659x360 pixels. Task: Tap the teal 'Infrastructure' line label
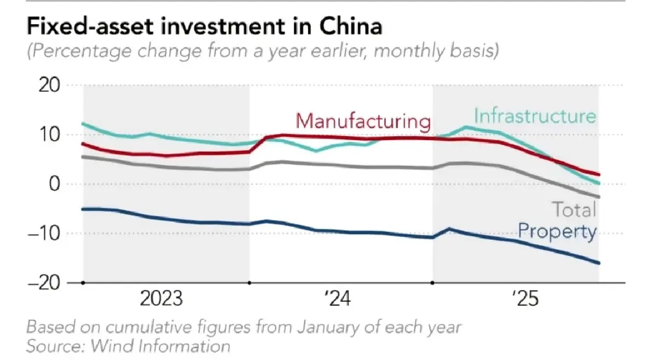click(x=534, y=116)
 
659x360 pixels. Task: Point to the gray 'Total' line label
click(x=573, y=210)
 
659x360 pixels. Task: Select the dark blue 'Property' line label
click(x=557, y=232)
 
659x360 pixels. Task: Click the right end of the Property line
click(x=598, y=263)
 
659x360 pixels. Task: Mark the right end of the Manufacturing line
click(x=598, y=175)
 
